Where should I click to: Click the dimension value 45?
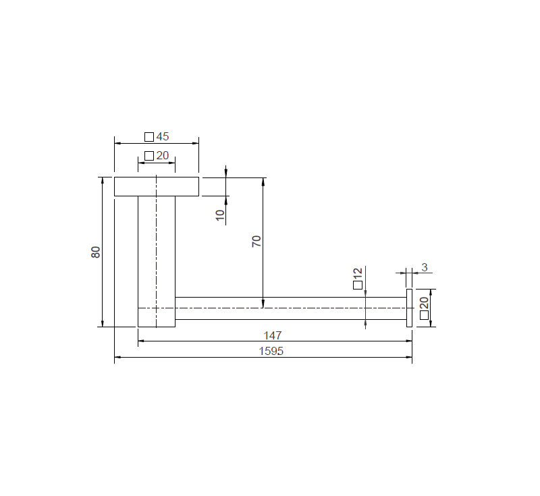[x=162, y=136]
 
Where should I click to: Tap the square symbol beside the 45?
[x=149, y=137]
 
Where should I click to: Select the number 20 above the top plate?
[x=162, y=156]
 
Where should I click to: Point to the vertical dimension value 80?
[x=96, y=252]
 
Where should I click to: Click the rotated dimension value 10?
[x=219, y=215]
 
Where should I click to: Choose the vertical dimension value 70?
[x=256, y=241]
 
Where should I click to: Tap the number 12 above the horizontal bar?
[x=358, y=273]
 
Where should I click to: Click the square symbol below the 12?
[x=358, y=285]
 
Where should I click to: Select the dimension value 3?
[x=424, y=267]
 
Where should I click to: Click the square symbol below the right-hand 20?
[x=424, y=314]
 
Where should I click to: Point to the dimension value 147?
[x=273, y=335]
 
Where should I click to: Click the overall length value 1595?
[x=271, y=351]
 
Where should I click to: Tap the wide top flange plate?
[x=157, y=186]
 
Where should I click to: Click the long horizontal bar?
[x=290, y=308]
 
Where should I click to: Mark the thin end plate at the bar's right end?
[x=409, y=308]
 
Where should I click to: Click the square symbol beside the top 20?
[x=149, y=157]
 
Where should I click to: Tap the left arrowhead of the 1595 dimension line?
[x=117, y=358]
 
